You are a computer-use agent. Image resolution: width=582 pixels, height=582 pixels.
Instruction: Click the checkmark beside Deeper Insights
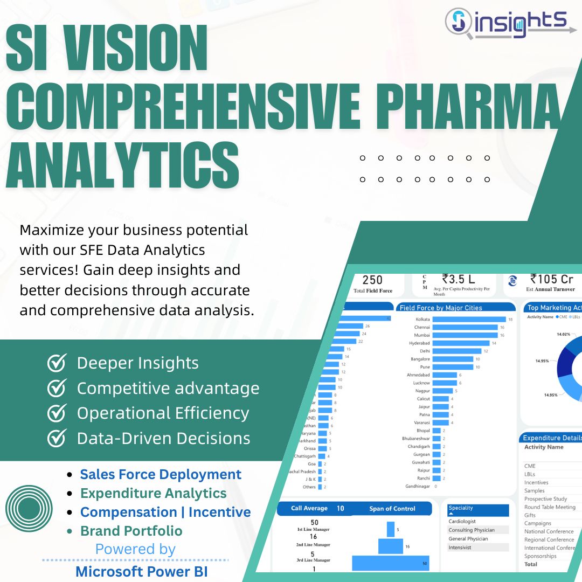57,363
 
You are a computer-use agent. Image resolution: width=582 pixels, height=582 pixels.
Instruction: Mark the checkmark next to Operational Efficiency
57,413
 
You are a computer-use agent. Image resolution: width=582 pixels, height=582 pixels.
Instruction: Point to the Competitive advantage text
168,388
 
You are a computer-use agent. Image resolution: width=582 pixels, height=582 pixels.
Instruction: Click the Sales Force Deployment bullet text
161,474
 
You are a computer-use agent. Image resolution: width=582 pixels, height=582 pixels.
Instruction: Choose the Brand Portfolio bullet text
131,531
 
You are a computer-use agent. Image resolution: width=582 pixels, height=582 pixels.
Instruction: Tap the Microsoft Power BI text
141,571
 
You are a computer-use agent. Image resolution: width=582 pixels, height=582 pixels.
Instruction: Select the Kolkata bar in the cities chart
469,319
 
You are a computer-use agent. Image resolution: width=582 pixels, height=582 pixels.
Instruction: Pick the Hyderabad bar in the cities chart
461,343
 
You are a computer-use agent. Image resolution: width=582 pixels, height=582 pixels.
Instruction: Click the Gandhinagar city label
418,486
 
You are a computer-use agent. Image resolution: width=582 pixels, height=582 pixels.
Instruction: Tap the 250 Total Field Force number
372,280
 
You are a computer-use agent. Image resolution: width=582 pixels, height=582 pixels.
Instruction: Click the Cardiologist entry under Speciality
462,521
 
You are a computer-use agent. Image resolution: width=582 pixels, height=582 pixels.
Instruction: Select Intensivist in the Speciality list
460,547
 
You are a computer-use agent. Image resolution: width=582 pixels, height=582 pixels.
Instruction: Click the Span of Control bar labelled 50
391,563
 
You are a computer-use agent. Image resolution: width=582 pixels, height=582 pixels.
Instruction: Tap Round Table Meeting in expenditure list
550,507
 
